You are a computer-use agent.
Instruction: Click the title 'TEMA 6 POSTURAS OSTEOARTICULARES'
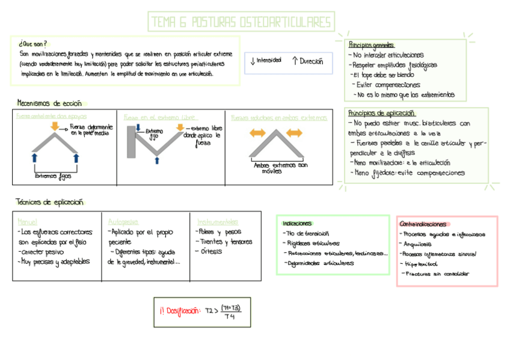[x=241, y=23]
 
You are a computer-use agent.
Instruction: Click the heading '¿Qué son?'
[x=32, y=44]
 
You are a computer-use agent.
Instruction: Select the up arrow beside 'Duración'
[x=295, y=61]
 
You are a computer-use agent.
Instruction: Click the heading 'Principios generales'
[x=371, y=45]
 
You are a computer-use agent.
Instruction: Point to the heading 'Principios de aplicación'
[x=381, y=113]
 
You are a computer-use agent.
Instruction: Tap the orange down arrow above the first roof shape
[x=55, y=126]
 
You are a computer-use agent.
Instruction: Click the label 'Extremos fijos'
[x=53, y=176]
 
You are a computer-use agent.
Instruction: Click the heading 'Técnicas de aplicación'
[x=50, y=202]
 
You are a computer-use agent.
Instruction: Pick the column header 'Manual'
[x=28, y=221]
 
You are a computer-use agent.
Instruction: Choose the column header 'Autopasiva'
[x=123, y=221]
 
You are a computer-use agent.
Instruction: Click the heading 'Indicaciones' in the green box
[x=297, y=223]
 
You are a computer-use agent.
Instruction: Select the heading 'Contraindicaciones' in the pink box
[x=423, y=224]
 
